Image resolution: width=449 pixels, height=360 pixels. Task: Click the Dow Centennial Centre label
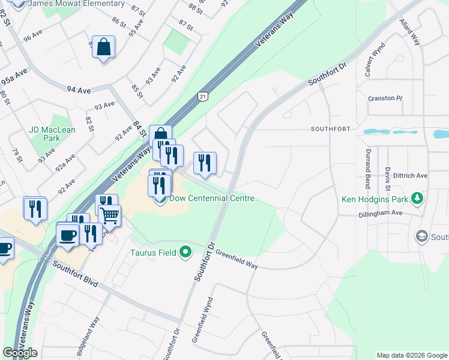[212, 199]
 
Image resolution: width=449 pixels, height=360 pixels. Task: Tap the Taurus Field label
[154, 253]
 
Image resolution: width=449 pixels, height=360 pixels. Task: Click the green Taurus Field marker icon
[185, 253]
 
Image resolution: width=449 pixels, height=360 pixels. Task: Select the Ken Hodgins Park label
[373, 199]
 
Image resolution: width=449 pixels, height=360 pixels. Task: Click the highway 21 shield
[203, 96]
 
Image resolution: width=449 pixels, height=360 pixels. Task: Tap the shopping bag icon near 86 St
[103, 46]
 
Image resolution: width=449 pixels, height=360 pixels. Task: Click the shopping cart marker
[109, 215]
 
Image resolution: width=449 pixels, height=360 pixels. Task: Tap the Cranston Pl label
[385, 98]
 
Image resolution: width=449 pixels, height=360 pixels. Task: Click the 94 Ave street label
[79, 91]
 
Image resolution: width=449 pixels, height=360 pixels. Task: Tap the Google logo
[20, 353]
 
